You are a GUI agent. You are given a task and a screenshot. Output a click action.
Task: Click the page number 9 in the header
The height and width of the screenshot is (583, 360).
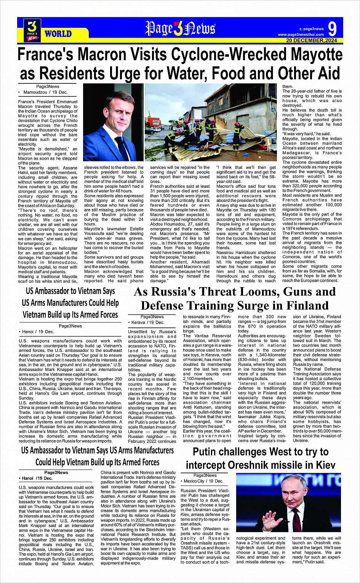332,29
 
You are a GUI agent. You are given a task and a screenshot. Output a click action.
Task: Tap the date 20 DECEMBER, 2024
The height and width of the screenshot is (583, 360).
312,40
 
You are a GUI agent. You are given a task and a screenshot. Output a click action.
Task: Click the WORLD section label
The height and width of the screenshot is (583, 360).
58,34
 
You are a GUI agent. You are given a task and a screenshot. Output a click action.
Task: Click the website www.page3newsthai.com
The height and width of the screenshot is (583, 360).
301,35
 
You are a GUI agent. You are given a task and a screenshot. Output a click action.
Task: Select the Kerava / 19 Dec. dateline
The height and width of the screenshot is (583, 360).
148,323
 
